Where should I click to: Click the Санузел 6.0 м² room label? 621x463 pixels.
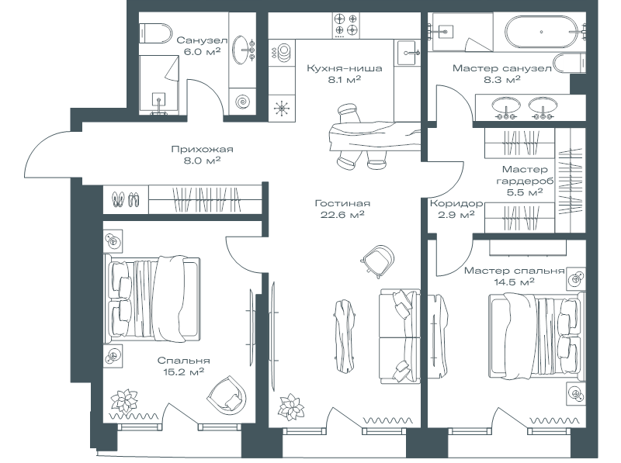pyautogui.click(x=202, y=46)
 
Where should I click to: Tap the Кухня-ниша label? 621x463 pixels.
pyautogui.click(x=344, y=68)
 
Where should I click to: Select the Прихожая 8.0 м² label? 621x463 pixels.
pyautogui.click(x=202, y=155)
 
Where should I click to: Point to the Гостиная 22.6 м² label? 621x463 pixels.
pyautogui.click(x=342, y=209)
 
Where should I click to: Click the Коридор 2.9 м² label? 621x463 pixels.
pyautogui.click(x=456, y=209)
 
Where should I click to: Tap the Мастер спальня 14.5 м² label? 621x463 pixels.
pyautogui.click(x=514, y=276)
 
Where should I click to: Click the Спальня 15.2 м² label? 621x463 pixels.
pyautogui.click(x=183, y=366)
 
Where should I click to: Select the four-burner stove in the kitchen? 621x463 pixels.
pyautogui.click(x=345, y=26)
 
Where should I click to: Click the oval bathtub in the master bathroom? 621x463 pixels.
pyautogui.click(x=541, y=32)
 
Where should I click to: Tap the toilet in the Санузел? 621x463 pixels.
pyautogui.click(x=155, y=33)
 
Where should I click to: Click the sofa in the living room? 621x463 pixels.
pyautogui.click(x=400, y=336)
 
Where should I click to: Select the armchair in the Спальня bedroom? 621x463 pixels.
pyautogui.click(x=227, y=394)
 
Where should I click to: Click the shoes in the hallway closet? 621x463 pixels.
pyautogui.click(x=126, y=199)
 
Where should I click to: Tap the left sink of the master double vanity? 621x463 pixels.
pyautogui.click(x=506, y=106)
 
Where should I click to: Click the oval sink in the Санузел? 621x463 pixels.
pyautogui.click(x=241, y=50)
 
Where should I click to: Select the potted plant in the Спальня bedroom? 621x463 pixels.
pyautogui.click(x=124, y=402)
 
